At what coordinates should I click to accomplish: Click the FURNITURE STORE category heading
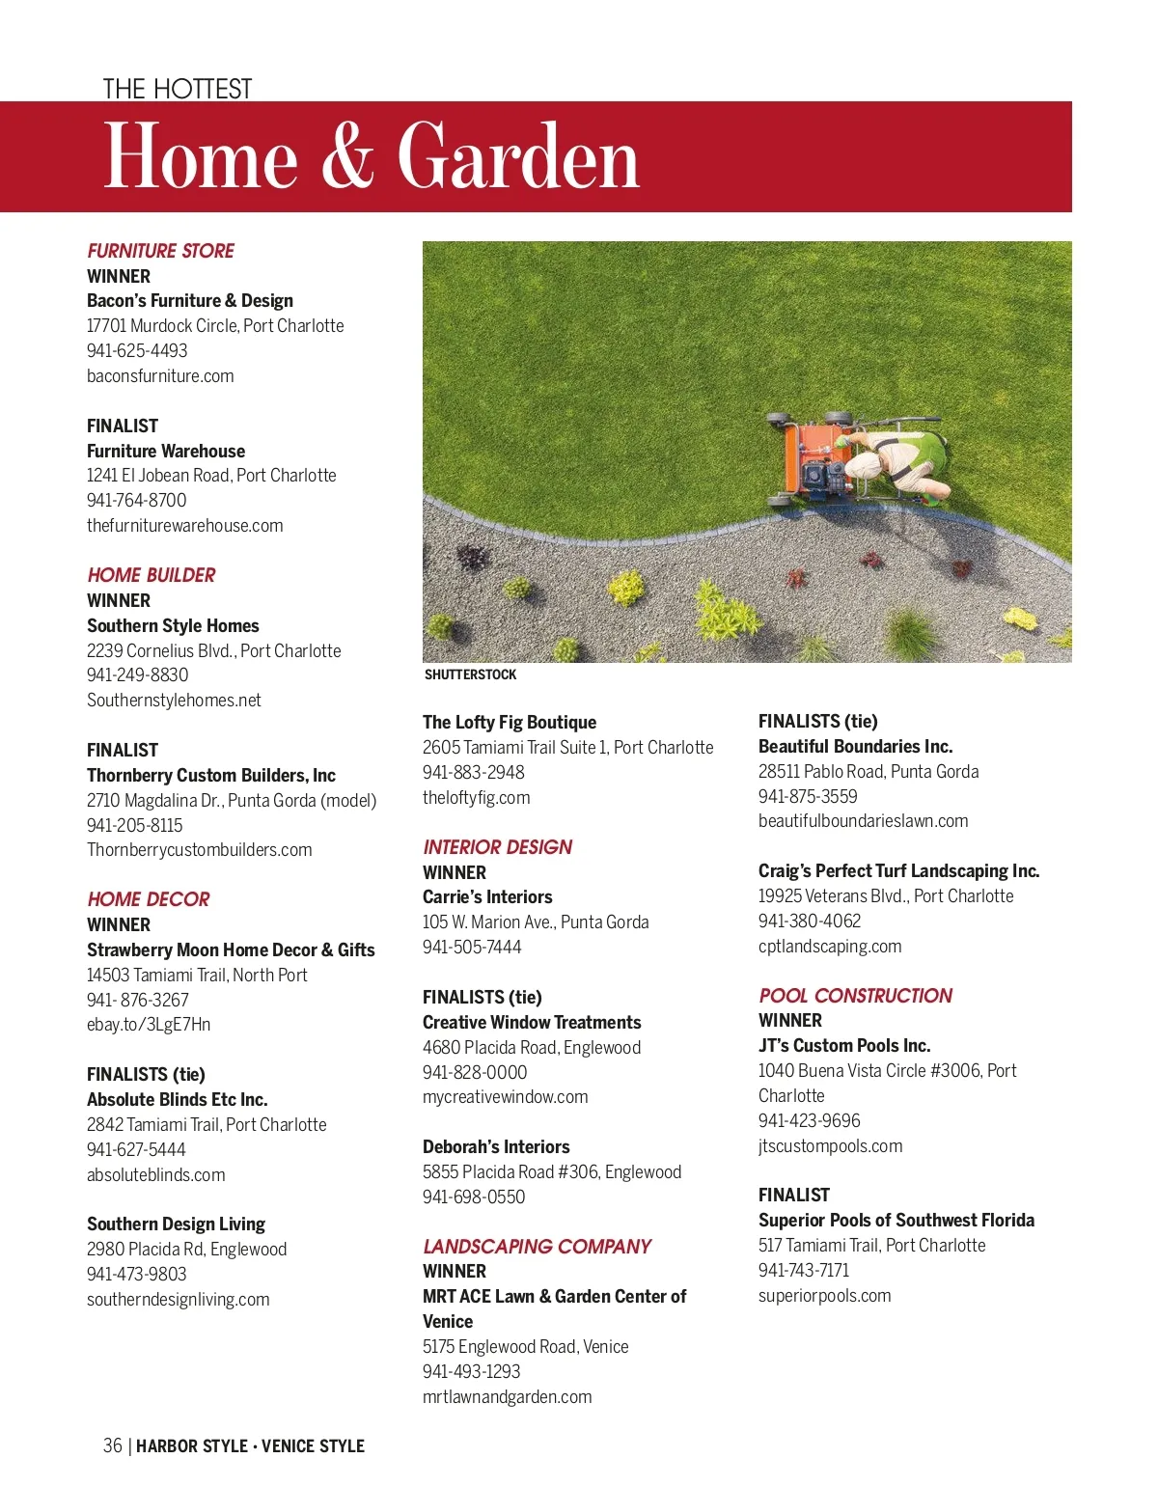click(160, 251)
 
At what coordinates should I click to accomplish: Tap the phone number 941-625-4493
click(137, 351)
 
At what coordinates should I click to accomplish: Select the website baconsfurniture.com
click(160, 376)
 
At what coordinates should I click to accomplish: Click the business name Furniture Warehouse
click(166, 451)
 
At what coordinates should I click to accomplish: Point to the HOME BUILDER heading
click(152, 575)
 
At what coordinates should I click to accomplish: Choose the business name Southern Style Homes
click(173, 625)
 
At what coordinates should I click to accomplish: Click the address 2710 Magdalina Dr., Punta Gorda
click(232, 800)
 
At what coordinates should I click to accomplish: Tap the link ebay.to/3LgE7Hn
click(149, 1025)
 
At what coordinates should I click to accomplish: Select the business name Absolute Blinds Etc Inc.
click(178, 1099)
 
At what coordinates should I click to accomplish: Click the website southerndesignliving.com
click(179, 1300)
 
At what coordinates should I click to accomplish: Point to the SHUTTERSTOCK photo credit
click(471, 675)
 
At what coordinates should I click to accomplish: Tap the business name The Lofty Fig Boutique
click(510, 722)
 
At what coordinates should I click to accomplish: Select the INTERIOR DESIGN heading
click(498, 847)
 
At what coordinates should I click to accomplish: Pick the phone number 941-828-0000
click(475, 1072)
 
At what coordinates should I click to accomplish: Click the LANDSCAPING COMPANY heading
click(537, 1247)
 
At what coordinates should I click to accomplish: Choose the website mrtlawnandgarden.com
click(508, 1397)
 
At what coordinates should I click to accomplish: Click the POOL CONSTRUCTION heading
click(855, 996)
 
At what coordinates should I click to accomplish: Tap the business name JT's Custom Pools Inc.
click(844, 1045)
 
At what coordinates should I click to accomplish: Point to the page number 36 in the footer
click(113, 1445)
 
